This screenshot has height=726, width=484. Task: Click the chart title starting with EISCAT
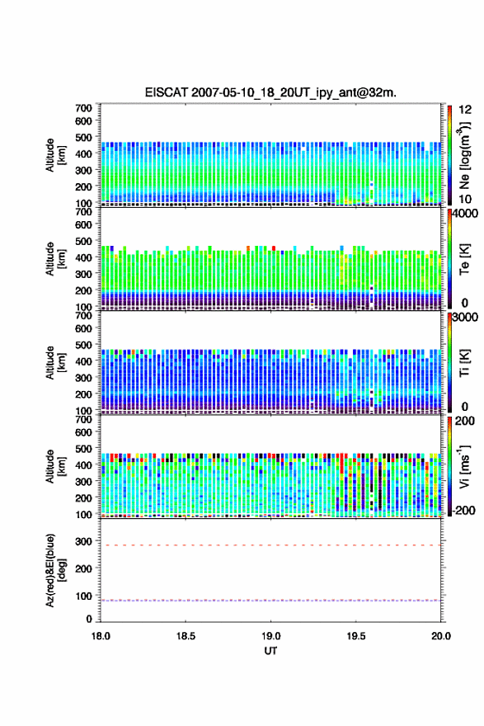tap(270, 92)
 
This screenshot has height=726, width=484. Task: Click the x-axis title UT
tap(270, 651)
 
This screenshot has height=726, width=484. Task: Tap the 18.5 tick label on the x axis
tap(186, 636)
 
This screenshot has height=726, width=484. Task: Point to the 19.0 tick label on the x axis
tap(270, 636)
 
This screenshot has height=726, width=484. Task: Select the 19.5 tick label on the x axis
tap(356, 636)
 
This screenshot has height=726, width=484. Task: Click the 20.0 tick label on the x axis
tap(441, 636)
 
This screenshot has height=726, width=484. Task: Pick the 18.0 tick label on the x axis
tap(101, 636)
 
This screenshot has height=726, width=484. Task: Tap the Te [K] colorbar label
tap(464, 259)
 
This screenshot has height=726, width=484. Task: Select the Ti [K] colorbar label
tap(464, 362)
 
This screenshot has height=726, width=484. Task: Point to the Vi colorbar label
tap(464, 467)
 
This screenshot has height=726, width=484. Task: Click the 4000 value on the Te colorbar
tap(466, 214)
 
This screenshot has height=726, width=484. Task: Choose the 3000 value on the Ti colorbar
tap(466, 317)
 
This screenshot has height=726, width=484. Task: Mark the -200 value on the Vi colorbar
tap(464, 510)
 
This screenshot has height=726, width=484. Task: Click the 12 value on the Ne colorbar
tap(466, 110)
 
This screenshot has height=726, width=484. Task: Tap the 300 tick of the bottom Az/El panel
tap(84, 541)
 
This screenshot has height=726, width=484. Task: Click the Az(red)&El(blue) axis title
tap(54, 570)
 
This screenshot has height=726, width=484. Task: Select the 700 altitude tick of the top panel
tap(84, 108)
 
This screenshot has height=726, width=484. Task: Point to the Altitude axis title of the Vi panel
tap(55, 466)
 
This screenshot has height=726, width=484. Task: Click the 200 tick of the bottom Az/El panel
tap(84, 568)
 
